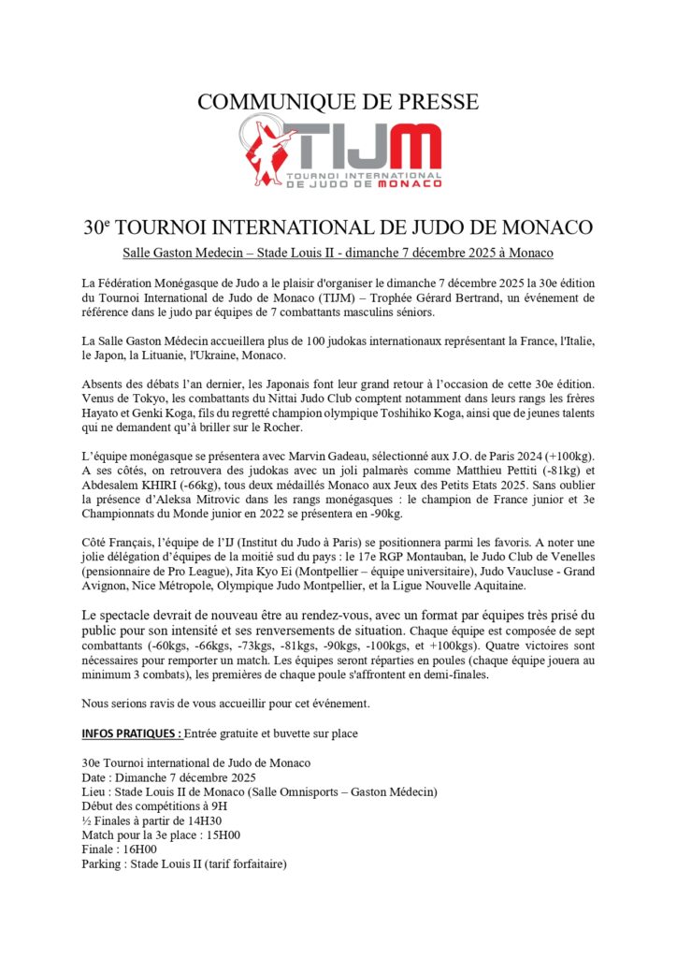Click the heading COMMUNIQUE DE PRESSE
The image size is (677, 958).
pyautogui.click(x=338, y=102)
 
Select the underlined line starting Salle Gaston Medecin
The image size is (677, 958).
pyautogui.click(x=338, y=254)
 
